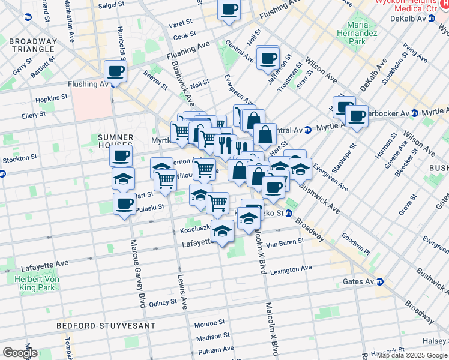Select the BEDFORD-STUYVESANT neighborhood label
click(x=106, y=325)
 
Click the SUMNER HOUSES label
click(x=115, y=142)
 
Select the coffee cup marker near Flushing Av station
click(x=115, y=71)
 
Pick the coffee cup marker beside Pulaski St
click(x=124, y=203)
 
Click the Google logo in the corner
click(x=19, y=353)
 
